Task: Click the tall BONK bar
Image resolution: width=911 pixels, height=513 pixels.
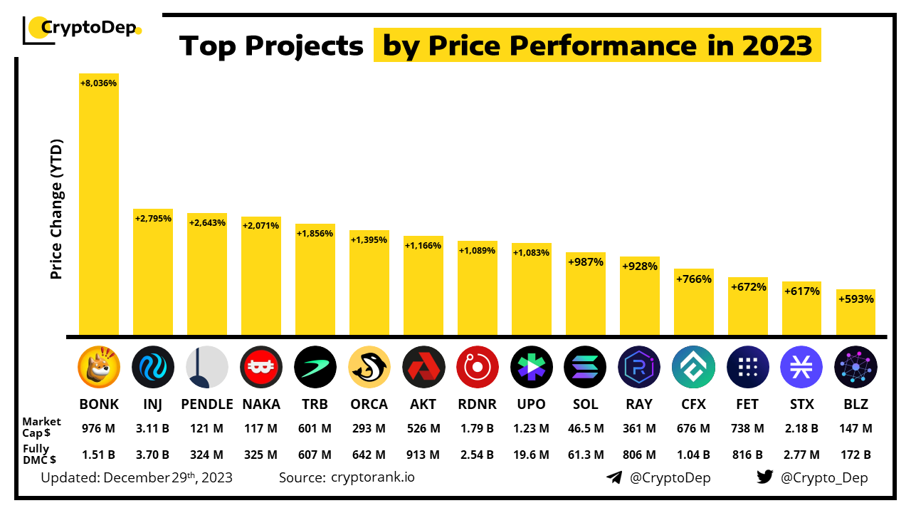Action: pos(98,207)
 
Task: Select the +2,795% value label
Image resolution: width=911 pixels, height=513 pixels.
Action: pos(153,218)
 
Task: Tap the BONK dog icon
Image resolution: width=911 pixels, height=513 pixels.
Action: pos(99,367)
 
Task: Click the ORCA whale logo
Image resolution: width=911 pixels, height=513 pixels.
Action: pos(369,367)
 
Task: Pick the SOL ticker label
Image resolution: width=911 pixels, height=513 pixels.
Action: pos(585,404)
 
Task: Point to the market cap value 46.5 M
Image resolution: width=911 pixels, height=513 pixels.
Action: pos(585,428)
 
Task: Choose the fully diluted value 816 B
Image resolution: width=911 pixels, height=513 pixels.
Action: pos(747,455)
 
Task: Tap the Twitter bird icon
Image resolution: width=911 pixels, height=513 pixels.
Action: pos(764,477)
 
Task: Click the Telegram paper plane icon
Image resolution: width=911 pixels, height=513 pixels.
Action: pos(614,477)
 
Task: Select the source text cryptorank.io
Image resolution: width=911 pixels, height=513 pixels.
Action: pos(373,477)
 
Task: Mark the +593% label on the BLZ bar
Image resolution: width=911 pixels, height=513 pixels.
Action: pos(855,299)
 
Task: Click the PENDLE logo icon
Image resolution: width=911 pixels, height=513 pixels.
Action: pos(207,367)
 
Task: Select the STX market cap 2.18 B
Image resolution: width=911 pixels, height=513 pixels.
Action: pos(801,428)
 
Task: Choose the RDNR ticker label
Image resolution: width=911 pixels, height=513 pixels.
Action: pos(477,404)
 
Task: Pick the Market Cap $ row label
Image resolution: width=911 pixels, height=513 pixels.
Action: pos(41,427)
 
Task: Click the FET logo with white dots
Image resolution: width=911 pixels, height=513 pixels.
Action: pos(747,367)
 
